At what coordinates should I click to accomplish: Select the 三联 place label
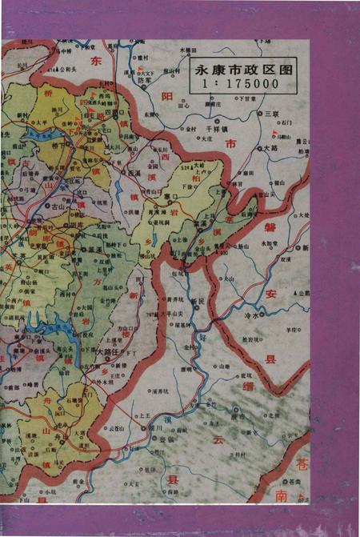(x=271, y=114)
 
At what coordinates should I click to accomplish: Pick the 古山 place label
(x=58, y=206)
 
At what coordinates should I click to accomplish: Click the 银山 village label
(x=279, y=182)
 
